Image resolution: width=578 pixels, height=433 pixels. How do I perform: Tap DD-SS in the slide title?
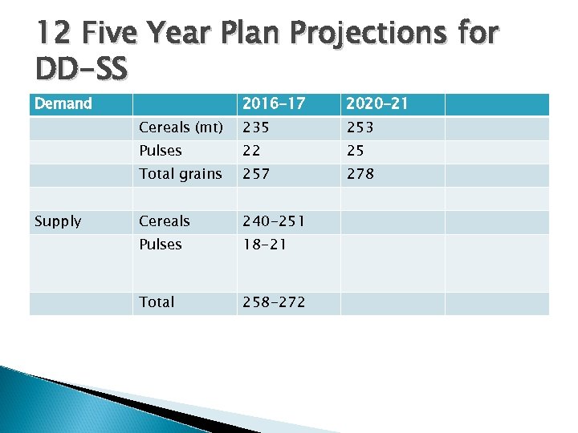(x=81, y=70)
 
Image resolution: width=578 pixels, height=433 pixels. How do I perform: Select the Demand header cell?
(x=63, y=103)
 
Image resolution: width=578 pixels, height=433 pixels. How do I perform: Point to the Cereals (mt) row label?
(x=181, y=127)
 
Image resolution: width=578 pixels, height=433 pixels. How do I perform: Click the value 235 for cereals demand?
(x=258, y=127)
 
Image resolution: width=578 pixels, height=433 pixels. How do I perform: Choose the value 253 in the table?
(x=361, y=127)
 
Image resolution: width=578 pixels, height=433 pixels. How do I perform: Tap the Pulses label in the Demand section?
(x=161, y=151)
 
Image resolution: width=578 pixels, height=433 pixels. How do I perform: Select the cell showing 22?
(x=252, y=151)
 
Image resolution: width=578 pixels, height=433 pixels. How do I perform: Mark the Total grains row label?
(x=181, y=174)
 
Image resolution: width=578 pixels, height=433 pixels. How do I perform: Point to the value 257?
(x=258, y=174)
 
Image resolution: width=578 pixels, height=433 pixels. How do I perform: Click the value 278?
(x=361, y=174)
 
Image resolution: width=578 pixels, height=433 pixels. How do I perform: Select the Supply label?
(x=58, y=221)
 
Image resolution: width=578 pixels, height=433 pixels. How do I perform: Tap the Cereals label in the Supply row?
(x=165, y=221)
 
